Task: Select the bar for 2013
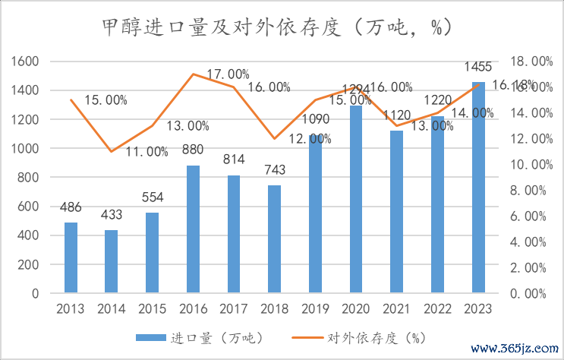pos(71,257)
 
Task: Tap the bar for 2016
pos(193,229)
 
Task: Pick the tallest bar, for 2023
pos(478,188)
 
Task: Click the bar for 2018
pos(274,239)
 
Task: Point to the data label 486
pos(71,207)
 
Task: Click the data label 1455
pos(478,67)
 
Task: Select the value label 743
pos(274,170)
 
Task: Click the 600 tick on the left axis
pos(28,207)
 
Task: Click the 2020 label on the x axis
pos(356,309)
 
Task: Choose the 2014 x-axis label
pos(112,309)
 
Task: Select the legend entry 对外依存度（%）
pos(373,338)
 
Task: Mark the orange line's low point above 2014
pos(112,151)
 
